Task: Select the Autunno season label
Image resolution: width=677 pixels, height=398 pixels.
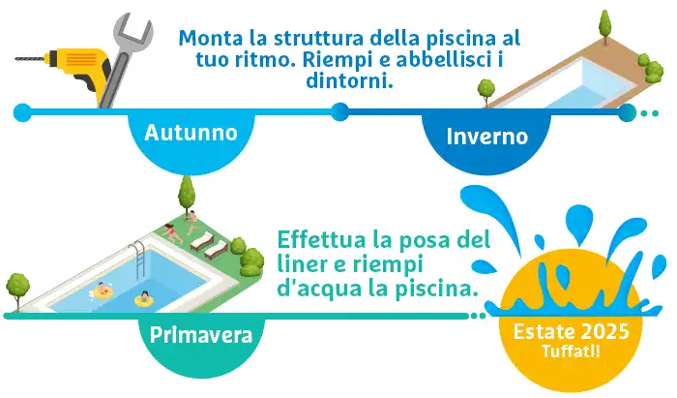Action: pyautogui.click(x=191, y=133)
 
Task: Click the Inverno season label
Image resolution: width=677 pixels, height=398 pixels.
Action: pyautogui.click(x=487, y=136)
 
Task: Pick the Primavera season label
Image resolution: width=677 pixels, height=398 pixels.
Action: pyautogui.click(x=201, y=335)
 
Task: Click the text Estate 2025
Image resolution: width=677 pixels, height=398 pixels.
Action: pyautogui.click(x=571, y=332)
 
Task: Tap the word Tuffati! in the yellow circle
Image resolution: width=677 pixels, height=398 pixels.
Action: pyautogui.click(x=571, y=351)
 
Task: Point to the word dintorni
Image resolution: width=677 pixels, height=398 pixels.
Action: pyautogui.click(x=350, y=80)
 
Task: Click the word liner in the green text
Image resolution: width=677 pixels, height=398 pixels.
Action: pyautogui.click(x=298, y=264)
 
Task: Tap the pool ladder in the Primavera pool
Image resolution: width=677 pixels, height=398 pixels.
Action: pyautogui.click(x=138, y=260)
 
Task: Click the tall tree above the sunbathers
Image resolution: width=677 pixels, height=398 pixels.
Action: pyautogui.click(x=187, y=195)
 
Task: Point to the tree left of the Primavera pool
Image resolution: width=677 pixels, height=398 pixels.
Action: pyautogui.click(x=17, y=290)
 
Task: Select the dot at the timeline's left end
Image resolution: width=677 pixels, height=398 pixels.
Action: pyautogui.click(x=22, y=112)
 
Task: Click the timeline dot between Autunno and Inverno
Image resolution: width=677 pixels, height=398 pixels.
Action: pyautogui.click(x=340, y=112)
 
